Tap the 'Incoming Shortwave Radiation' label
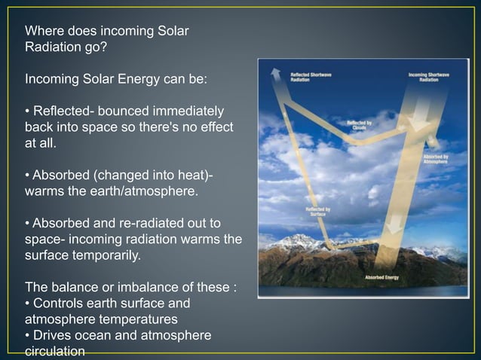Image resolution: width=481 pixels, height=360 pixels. point(429,77)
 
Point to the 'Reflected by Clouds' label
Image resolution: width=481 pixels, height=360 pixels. point(358,125)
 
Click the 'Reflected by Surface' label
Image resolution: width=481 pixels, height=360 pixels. point(317,212)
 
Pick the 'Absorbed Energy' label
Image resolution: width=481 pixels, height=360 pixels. point(383,277)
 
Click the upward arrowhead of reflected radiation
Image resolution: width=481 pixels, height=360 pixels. point(276,73)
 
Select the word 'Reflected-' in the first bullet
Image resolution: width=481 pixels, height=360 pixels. point(63,111)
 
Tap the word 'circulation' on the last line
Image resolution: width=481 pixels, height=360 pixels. point(55,351)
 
